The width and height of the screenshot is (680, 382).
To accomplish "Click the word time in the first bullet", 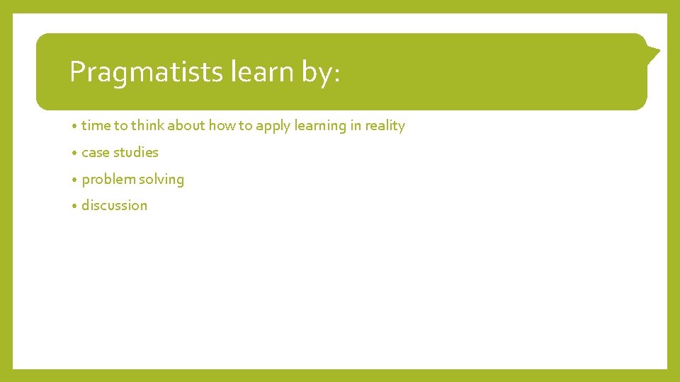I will (x=96, y=126).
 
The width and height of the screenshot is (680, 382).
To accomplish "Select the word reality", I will (x=385, y=127).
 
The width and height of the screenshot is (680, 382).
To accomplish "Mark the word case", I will (x=96, y=153).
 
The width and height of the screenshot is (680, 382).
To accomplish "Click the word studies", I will (x=136, y=152).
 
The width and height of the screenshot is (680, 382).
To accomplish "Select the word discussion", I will (x=115, y=206).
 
